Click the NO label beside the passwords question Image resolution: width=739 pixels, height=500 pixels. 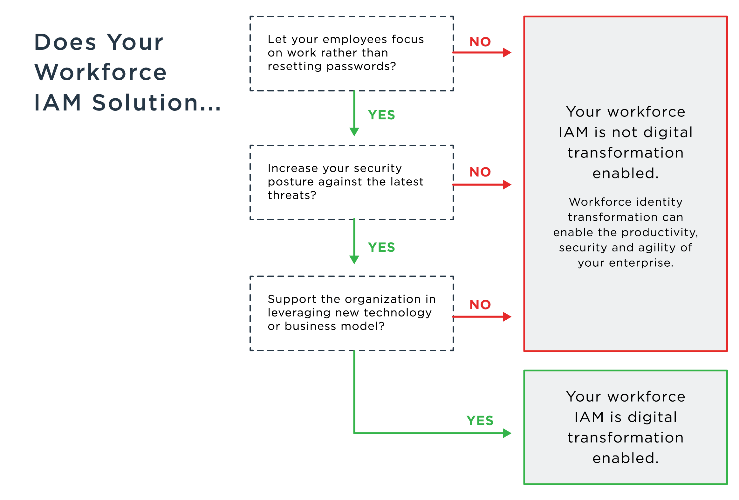(480, 42)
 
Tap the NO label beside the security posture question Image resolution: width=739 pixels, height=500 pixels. (480, 172)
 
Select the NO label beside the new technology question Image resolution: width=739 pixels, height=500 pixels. (480, 305)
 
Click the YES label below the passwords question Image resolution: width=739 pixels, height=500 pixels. (381, 115)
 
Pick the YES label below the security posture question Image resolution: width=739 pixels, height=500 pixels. (381, 247)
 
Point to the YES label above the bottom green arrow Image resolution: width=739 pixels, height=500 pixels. (480, 421)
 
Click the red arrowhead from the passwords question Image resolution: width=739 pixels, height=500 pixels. (507, 52)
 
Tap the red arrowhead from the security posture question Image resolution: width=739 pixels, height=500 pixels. (507, 184)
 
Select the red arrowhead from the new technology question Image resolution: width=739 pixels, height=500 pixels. (507, 317)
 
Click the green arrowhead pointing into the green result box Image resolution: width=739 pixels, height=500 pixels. (507, 433)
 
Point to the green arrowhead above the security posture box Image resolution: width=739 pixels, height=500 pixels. (354, 132)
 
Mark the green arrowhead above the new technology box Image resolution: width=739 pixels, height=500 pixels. (354, 260)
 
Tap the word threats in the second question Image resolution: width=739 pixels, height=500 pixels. (291, 195)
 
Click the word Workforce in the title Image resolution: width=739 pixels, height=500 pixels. (100, 72)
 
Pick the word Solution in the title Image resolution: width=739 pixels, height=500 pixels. (145, 103)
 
